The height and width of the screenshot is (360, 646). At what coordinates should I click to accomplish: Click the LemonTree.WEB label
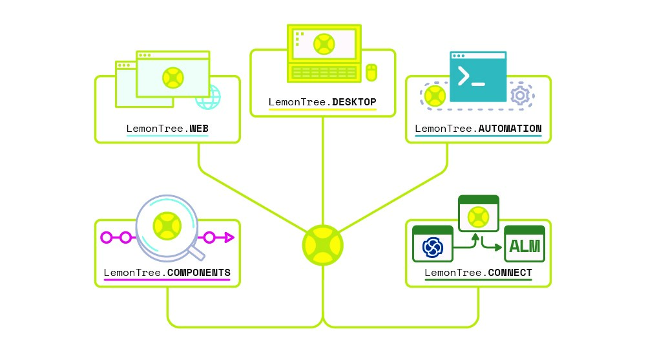167,129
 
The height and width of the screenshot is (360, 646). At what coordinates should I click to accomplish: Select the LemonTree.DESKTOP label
322,102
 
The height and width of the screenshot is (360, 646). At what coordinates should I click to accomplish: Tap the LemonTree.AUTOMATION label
478,129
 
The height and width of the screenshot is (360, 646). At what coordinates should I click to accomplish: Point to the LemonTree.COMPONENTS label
167,272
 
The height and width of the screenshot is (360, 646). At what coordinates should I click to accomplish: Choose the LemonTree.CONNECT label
478,272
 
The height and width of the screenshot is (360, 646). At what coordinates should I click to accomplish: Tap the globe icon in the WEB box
208,98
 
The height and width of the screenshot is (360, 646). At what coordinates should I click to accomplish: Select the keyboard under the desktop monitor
323,72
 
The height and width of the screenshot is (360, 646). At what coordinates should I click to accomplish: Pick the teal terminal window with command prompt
477,77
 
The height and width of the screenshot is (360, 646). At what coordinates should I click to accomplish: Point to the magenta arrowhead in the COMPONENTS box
227,238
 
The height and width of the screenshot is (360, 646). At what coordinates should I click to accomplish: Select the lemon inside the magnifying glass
167,227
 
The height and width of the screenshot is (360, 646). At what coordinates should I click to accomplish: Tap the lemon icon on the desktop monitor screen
322,44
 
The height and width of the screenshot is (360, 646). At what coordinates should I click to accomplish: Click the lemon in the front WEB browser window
172,77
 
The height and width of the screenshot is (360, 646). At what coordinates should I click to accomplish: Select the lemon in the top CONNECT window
478,214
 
